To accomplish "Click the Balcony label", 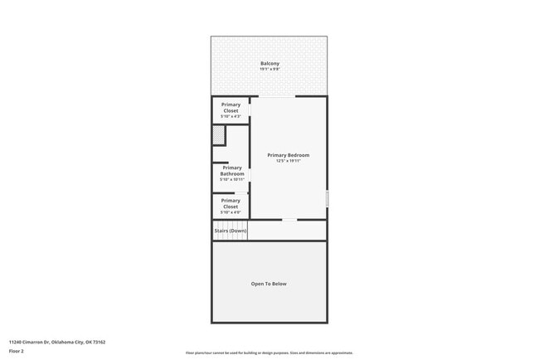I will point(269,63).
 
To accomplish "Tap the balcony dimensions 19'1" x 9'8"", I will point(269,69).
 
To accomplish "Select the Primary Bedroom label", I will point(289,155).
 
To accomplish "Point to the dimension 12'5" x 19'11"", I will point(289,161).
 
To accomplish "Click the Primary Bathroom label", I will point(232,171).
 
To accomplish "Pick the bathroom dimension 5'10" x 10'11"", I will point(232,180).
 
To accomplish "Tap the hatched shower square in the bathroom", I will point(219,135).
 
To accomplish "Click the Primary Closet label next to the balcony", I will point(231,108).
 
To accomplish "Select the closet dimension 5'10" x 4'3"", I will point(231,117).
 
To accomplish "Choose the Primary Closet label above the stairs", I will point(231,203).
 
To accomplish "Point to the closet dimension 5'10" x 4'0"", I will point(231,212).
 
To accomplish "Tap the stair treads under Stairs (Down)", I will point(231,237).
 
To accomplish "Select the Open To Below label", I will point(269,284).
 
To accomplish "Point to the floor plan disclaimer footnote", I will point(269,353).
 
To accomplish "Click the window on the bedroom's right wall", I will point(327,200).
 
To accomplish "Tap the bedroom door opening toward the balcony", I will point(272,97).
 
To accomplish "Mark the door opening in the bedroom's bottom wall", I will point(289,220).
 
